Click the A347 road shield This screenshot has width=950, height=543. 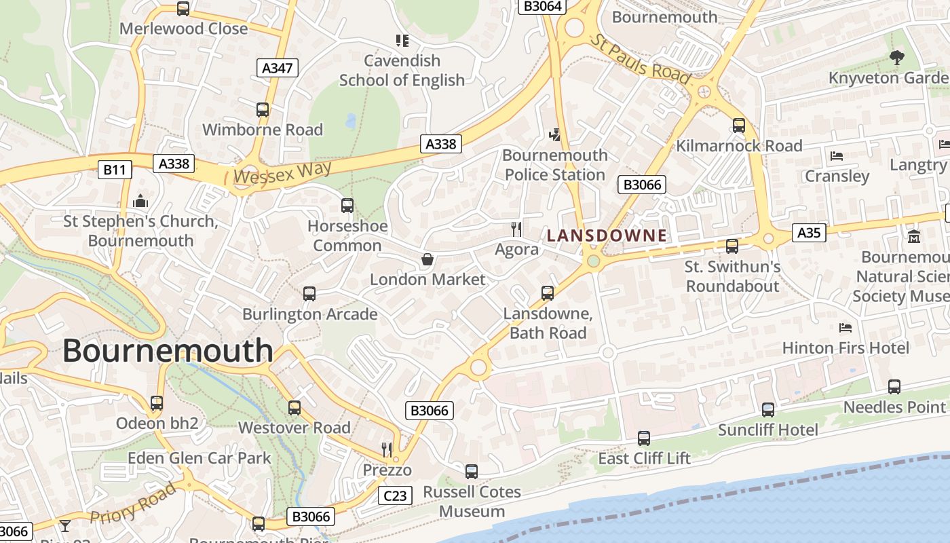pyautogui.click(x=278, y=67)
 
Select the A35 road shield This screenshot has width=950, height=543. pyautogui.click(x=808, y=233)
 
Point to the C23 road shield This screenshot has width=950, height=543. pyautogui.click(x=395, y=495)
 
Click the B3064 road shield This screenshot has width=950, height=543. pyautogui.click(x=542, y=6)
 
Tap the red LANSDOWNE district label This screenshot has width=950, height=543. pyautogui.click(x=607, y=236)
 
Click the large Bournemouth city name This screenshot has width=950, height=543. pyautogui.click(x=168, y=351)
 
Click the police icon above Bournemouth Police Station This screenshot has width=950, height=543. pyautogui.click(x=556, y=134)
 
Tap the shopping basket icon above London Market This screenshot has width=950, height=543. pyautogui.click(x=427, y=259)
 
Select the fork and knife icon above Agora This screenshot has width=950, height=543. pyautogui.click(x=516, y=229)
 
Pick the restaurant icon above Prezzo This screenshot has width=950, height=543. pyautogui.click(x=387, y=449)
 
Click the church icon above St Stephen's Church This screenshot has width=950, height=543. pyautogui.click(x=140, y=201)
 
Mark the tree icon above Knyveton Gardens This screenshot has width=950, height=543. pyautogui.click(x=896, y=58)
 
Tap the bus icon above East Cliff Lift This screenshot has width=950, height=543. pyautogui.click(x=644, y=438)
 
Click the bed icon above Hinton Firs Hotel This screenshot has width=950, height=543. pyautogui.click(x=845, y=328)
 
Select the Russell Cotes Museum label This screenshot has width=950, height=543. pyautogui.click(x=472, y=501)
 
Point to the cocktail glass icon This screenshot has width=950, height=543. pyautogui.click(x=65, y=525)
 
